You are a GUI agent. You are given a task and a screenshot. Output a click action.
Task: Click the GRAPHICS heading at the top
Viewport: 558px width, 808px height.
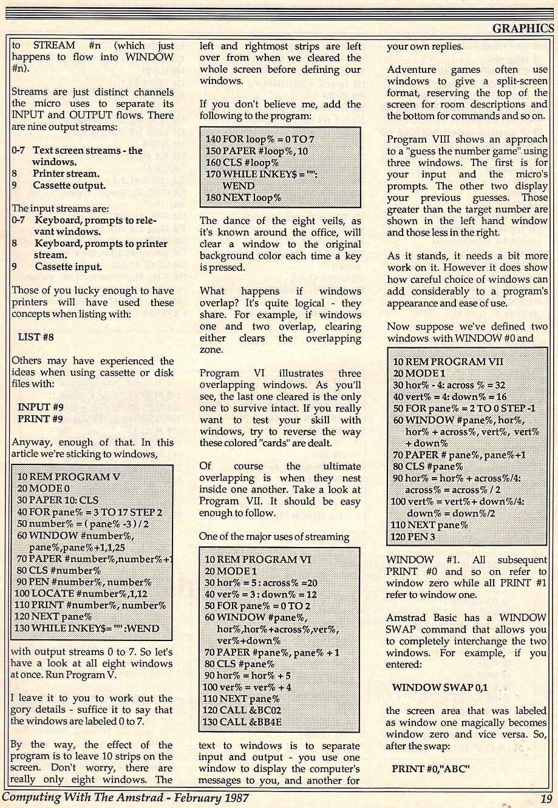(x=523, y=28)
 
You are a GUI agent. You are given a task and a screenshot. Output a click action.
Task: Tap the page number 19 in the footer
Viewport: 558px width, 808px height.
(x=545, y=798)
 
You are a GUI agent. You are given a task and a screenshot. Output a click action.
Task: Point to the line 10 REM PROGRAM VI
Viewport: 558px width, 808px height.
(x=258, y=559)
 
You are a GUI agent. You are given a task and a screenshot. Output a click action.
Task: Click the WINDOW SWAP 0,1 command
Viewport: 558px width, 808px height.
(x=440, y=688)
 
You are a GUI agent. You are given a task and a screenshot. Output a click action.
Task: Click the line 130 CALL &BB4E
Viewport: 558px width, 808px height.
(x=243, y=722)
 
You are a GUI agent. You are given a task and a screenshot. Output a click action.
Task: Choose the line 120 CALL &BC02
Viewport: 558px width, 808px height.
(x=243, y=711)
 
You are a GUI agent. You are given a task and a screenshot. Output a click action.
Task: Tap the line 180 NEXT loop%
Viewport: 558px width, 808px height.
(x=244, y=197)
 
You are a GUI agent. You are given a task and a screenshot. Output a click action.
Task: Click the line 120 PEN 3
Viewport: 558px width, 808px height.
(x=415, y=537)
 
